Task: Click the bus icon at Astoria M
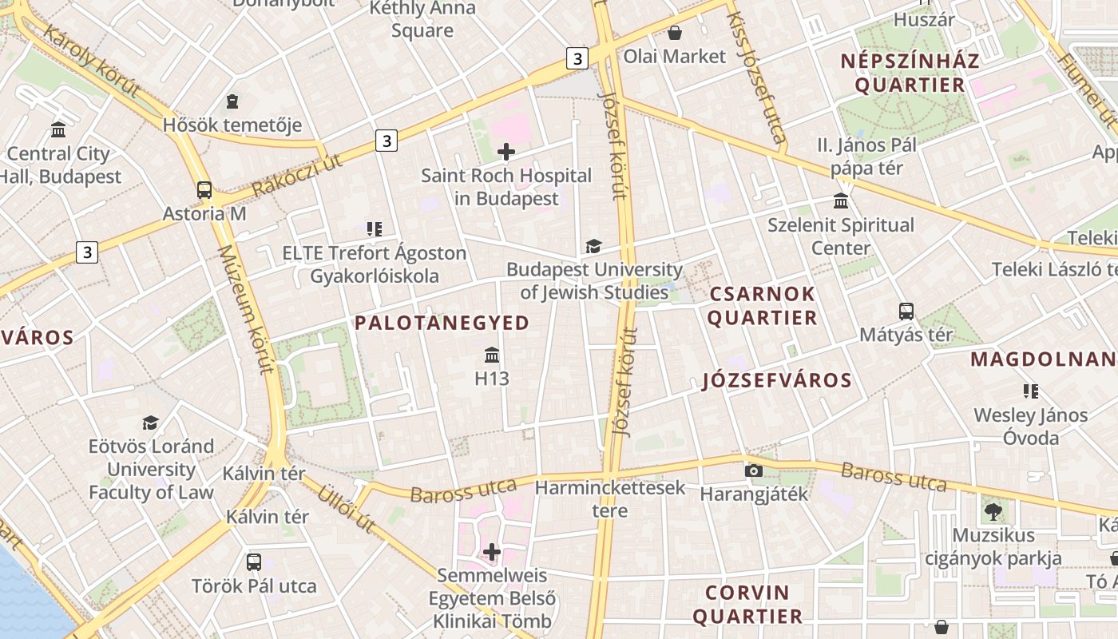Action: click(x=204, y=190)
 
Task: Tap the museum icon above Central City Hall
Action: click(x=58, y=129)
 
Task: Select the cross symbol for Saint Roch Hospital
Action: click(x=506, y=151)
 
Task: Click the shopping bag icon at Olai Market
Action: click(x=675, y=33)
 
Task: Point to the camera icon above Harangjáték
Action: click(x=753, y=470)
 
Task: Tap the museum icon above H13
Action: click(x=492, y=355)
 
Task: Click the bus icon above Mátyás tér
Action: click(x=906, y=312)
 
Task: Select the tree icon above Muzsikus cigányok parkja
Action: click(x=993, y=511)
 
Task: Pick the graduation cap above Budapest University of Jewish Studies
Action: click(x=593, y=246)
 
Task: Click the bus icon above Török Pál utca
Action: click(x=254, y=562)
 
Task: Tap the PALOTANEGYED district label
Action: click(x=442, y=323)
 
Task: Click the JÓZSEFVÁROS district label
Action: click(x=776, y=380)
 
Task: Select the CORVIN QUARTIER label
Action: click(x=747, y=605)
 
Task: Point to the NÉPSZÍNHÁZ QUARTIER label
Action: click(x=910, y=73)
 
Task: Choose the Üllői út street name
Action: click(x=347, y=508)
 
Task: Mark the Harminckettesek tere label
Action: click(x=610, y=498)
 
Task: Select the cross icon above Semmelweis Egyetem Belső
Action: click(x=492, y=551)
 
